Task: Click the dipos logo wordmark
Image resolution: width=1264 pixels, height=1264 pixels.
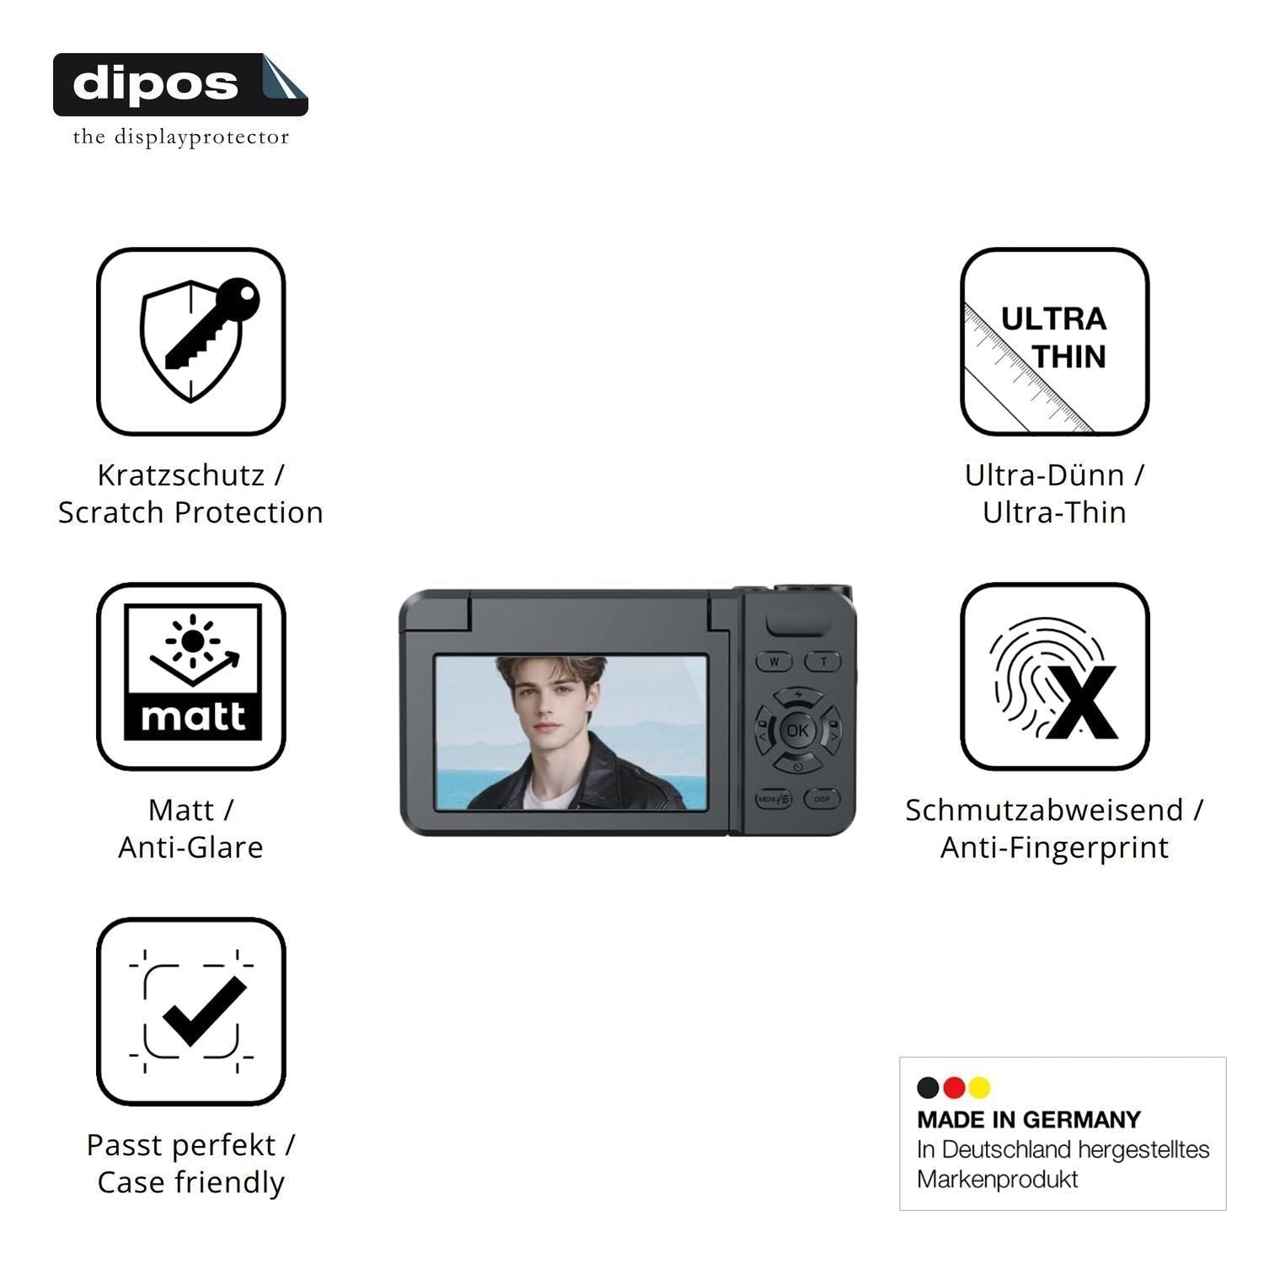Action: click(x=156, y=83)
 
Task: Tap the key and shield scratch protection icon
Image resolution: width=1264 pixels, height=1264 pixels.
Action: click(x=191, y=341)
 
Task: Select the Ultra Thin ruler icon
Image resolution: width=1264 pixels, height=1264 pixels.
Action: click(x=1054, y=341)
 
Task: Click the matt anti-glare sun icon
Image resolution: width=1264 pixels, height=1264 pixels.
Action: click(x=191, y=676)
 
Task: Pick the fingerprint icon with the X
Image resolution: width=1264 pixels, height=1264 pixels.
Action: click(x=1054, y=676)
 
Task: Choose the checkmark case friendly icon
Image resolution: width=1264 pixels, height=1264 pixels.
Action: click(x=191, y=1011)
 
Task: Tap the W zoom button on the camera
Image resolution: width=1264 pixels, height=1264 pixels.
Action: click(x=774, y=661)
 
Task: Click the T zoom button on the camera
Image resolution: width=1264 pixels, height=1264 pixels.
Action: click(x=823, y=661)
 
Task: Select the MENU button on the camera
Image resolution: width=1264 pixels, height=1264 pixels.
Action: click(x=774, y=799)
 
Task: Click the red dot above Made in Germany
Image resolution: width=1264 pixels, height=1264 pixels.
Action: click(x=954, y=1088)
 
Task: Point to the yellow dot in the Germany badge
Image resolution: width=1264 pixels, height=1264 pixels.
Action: click(x=979, y=1088)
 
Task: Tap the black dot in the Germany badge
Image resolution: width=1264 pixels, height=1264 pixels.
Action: click(x=929, y=1088)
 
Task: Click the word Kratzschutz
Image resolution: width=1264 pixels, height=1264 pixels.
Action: click(x=180, y=475)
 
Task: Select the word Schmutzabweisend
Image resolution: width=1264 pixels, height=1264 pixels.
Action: click(x=1044, y=810)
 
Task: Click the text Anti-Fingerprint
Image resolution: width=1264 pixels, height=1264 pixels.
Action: click(x=1054, y=848)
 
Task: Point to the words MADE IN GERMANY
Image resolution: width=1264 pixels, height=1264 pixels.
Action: click(x=1029, y=1120)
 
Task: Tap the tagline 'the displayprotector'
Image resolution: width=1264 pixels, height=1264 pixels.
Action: click(x=180, y=137)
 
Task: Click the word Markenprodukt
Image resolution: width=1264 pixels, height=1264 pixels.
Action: click(x=998, y=1180)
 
